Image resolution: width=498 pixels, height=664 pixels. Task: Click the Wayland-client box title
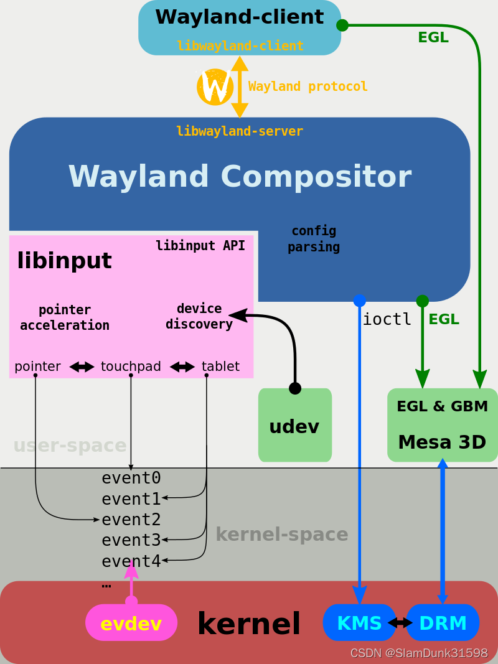click(240, 17)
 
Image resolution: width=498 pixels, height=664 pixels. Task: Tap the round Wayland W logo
click(215, 87)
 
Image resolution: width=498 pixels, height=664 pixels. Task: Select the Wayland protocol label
click(308, 87)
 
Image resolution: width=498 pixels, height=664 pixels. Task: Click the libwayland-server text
click(240, 131)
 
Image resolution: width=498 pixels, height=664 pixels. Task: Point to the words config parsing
click(314, 239)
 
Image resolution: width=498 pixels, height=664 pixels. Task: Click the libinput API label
click(200, 245)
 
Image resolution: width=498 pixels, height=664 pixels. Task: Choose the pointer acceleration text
click(65, 317)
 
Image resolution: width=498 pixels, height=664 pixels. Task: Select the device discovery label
click(199, 316)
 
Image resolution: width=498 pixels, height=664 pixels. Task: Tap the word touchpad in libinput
click(131, 367)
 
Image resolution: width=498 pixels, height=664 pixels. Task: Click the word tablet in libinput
click(220, 367)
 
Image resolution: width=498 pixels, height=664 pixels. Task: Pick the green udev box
click(295, 426)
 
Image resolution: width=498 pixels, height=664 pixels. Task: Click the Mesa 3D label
click(442, 442)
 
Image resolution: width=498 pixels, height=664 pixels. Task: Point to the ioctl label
click(387, 319)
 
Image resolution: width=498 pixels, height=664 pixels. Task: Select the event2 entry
click(131, 520)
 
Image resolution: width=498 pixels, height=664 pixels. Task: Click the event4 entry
click(131, 561)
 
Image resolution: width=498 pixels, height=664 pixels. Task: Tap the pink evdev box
click(131, 623)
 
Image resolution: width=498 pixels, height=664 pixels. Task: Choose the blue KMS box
click(359, 622)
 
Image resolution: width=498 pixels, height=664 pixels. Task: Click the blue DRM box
click(443, 622)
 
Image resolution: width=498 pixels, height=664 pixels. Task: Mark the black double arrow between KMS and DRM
click(400, 622)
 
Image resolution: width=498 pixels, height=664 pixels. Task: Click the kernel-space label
click(281, 535)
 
